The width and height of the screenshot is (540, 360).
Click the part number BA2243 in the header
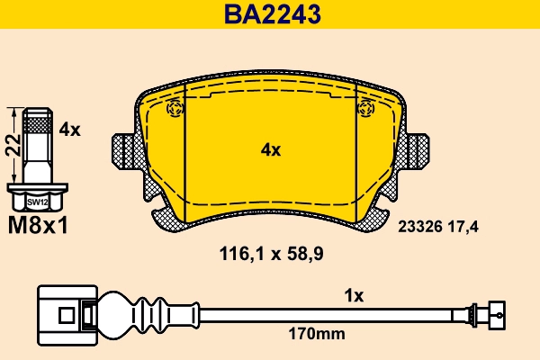tap(270, 13)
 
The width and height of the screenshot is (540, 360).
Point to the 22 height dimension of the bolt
tap(12, 145)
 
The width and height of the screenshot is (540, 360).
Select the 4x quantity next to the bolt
tap(69, 130)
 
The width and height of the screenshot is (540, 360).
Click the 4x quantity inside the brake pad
tap(270, 150)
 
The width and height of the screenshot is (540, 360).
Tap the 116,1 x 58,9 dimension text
tap(271, 254)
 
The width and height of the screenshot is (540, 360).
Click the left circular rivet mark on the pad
tap(175, 109)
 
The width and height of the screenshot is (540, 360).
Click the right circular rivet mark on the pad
tap(365, 109)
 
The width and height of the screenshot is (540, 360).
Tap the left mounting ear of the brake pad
tap(122, 149)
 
